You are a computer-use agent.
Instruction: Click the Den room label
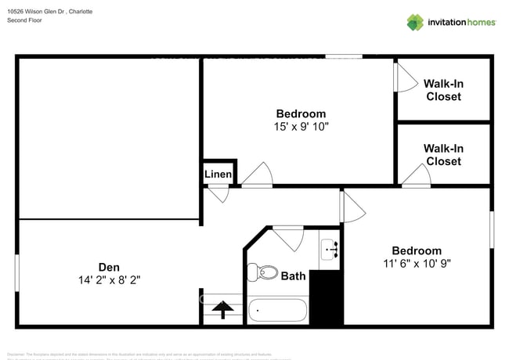pyautogui.click(x=109, y=265)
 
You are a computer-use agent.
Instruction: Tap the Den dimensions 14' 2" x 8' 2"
pyautogui.click(x=109, y=279)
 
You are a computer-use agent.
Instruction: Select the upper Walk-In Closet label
pyautogui.click(x=443, y=90)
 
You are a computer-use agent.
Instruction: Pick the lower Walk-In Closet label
pyautogui.click(x=443, y=155)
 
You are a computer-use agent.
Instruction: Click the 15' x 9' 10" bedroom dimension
pyautogui.click(x=301, y=126)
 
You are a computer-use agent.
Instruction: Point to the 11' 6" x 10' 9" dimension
pyautogui.click(x=417, y=264)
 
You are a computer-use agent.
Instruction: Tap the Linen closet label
pyautogui.click(x=218, y=174)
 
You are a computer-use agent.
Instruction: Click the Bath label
pyautogui.click(x=293, y=275)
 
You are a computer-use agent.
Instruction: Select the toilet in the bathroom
pyautogui.click(x=262, y=272)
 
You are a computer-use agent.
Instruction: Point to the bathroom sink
pyautogui.click(x=330, y=250)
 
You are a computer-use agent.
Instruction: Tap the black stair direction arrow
pyautogui.click(x=222, y=310)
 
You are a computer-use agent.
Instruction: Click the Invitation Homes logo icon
pyautogui.click(x=414, y=22)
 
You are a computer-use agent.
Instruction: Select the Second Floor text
pyautogui.click(x=24, y=20)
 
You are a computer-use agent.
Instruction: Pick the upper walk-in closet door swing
pyautogui.click(x=406, y=76)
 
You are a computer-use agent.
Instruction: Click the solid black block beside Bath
pyautogui.click(x=327, y=297)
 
